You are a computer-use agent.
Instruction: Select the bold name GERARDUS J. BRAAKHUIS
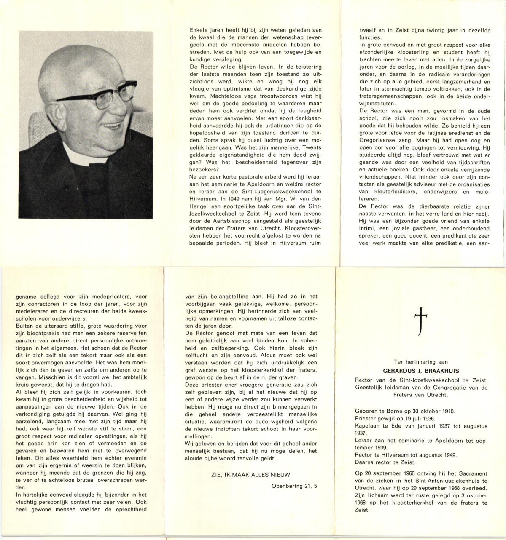point(420,371)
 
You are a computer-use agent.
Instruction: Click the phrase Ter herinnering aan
point(420,361)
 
